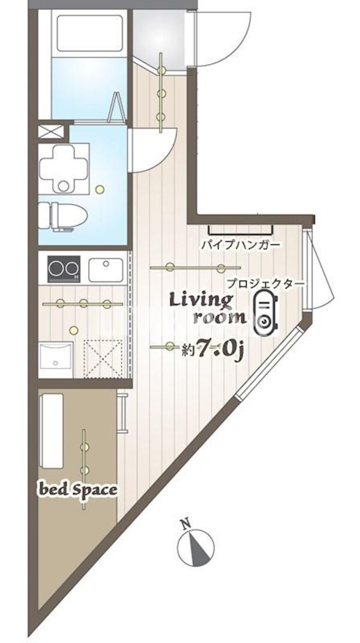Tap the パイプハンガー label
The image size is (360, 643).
tap(240, 246)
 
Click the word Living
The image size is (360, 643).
tap(200, 299)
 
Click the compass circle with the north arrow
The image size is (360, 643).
tap(196, 547)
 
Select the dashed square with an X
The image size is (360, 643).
tap(103, 358)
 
